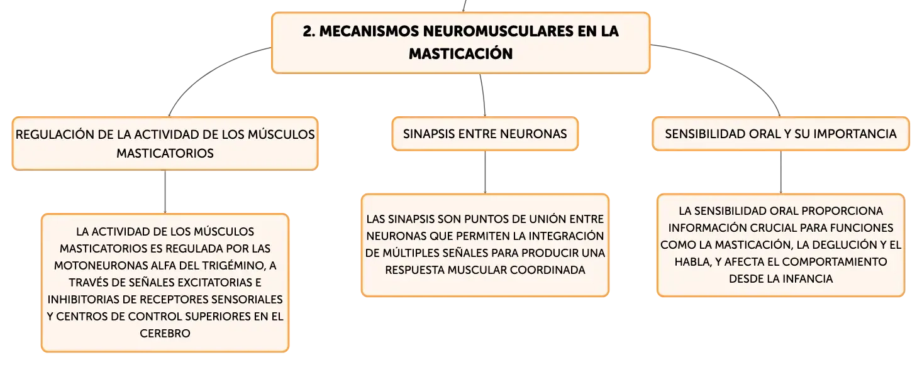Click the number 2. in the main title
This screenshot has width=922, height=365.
309,31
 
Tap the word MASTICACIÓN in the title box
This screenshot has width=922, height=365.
460,54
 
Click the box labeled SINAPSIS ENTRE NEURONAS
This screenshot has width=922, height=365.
485,134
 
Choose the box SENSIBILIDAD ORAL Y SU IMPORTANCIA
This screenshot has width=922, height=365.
780,134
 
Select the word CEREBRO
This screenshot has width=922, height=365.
165,334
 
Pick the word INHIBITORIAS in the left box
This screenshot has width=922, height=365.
84,299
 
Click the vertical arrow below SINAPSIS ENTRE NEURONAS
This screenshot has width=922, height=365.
485,172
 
